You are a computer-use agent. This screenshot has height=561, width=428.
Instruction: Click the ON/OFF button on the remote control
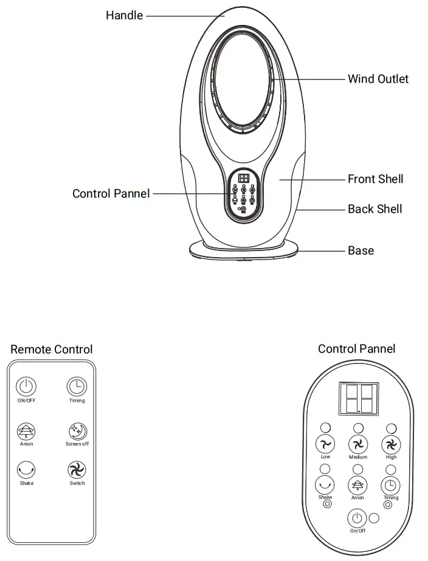pyautogui.click(x=26, y=386)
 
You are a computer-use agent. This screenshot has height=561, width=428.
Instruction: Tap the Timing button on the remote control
pyautogui.click(x=77, y=386)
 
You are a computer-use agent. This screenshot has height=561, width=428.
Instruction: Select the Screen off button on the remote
pyautogui.click(x=77, y=430)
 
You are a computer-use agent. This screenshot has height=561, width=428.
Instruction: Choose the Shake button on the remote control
pyautogui.click(x=26, y=469)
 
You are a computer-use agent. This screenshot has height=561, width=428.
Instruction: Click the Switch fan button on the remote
pyautogui.click(x=77, y=469)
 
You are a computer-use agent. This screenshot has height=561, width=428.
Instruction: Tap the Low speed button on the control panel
pyautogui.click(x=325, y=444)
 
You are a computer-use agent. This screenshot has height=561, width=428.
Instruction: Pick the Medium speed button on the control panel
pyautogui.click(x=358, y=444)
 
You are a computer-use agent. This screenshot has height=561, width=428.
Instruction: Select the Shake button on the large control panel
pyautogui.click(x=325, y=484)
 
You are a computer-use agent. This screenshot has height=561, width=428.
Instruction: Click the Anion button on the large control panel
pyautogui.click(x=357, y=484)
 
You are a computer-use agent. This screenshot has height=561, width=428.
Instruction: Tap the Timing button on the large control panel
pyautogui.click(x=391, y=484)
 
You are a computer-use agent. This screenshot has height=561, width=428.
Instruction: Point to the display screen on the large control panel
pyautogui.click(x=359, y=398)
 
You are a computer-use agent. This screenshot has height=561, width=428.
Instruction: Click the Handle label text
pyautogui.click(x=124, y=15)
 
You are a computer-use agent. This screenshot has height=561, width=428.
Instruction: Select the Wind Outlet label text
pyautogui.click(x=378, y=79)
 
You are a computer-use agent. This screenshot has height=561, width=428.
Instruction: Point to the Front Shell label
pyautogui.click(x=375, y=179)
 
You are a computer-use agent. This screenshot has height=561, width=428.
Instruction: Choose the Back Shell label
pyautogui.click(x=374, y=209)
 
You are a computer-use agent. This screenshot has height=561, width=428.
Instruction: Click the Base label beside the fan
pyautogui.click(x=361, y=250)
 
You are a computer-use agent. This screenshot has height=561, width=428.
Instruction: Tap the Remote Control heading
pyautogui.click(x=52, y=349)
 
